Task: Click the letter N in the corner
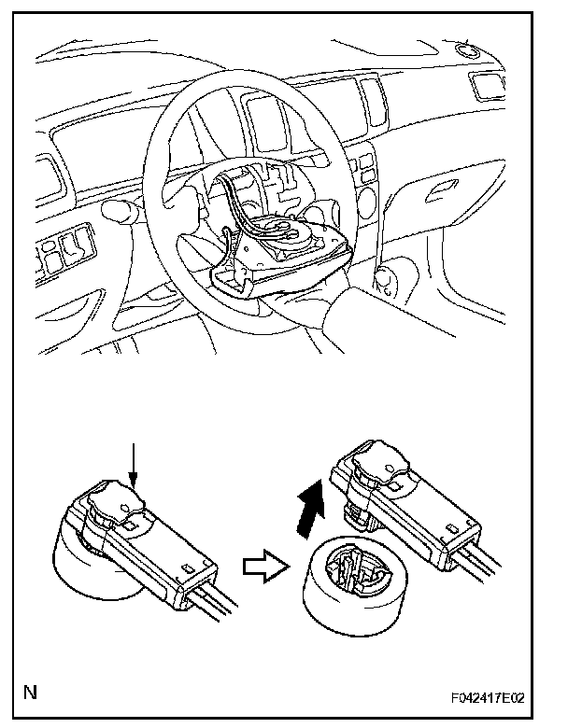(32, 693)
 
